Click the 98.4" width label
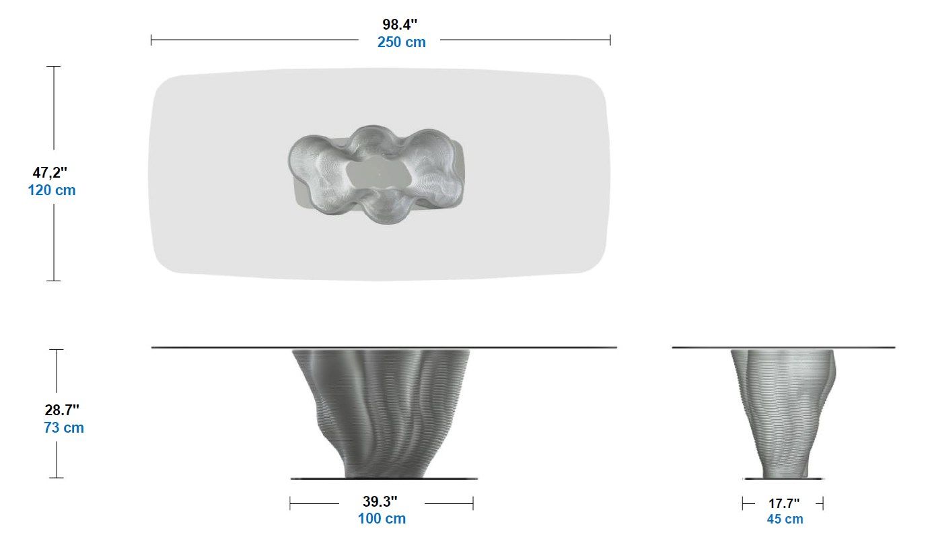(400, 24)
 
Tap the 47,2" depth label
(50, 172)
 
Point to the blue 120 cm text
(52, 190)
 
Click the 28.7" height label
(63, 409)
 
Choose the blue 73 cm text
(64, 427)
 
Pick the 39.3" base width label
(380, 501)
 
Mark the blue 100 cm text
(382, 519)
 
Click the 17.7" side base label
(784, 503)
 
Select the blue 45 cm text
(785, 519)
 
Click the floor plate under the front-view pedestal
(384, 478)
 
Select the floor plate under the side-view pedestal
(784, 478)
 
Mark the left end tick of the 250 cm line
(151, 40)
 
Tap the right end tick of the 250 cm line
(610, 40)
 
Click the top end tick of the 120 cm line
(54, 67)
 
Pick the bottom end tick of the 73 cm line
(57, 478)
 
